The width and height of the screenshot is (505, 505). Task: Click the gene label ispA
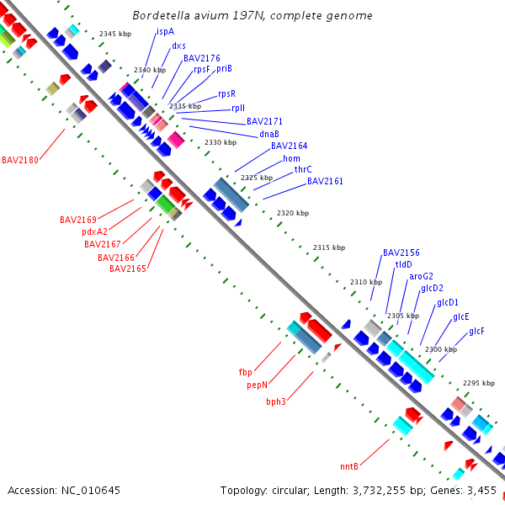click(165, 32)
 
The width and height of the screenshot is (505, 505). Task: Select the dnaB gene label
click(269, 134)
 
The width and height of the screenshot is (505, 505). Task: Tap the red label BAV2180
click(20, 160)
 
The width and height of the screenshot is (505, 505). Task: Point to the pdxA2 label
click(94, 232)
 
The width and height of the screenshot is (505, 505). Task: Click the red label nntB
click(349, 466)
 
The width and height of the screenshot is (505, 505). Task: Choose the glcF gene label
click(476, 332)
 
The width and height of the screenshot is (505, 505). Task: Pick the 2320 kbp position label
click(293, 213)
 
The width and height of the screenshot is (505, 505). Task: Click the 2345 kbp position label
click(115, 34)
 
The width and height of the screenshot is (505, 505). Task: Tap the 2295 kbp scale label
click(479, 383)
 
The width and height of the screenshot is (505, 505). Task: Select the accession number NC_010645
click(91, 491)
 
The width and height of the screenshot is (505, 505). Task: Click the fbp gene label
click(246, 372)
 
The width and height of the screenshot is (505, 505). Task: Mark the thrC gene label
click(303, 169)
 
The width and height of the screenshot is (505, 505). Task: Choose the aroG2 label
click(422, 277)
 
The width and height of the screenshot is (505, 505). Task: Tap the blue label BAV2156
click(401, 252)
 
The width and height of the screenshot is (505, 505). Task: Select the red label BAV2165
click(128, 268)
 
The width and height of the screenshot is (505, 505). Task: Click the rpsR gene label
click(227, 94)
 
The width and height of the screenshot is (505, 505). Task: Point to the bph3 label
click(276, 402)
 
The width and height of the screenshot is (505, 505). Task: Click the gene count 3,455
click(481, 491)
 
